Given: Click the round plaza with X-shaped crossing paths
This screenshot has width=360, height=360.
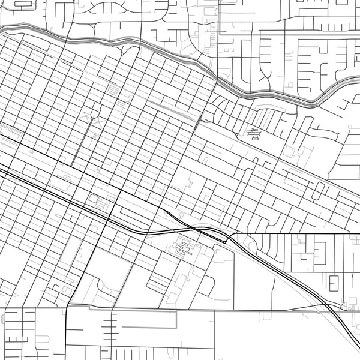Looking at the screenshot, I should (94, 113).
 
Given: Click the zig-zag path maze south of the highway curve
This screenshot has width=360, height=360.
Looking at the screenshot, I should (182, 247).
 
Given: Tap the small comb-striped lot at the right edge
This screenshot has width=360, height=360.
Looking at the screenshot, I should (356, 240).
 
